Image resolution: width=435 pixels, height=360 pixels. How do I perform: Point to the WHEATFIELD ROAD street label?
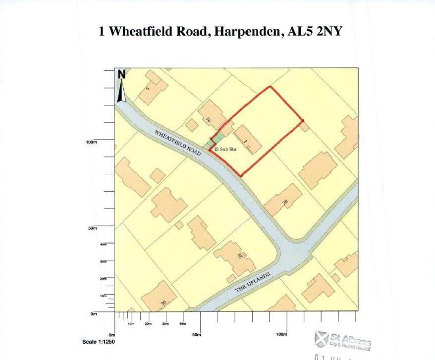(177, 143)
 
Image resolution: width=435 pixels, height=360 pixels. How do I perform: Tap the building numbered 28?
(283, 200)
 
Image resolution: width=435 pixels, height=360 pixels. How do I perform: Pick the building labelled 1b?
(212, 115)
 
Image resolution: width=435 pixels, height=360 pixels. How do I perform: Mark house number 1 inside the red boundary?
(248, 141)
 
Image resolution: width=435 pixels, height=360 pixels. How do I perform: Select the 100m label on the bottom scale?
(281, 335)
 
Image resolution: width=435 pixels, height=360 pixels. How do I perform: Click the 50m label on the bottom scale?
(197, 335)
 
